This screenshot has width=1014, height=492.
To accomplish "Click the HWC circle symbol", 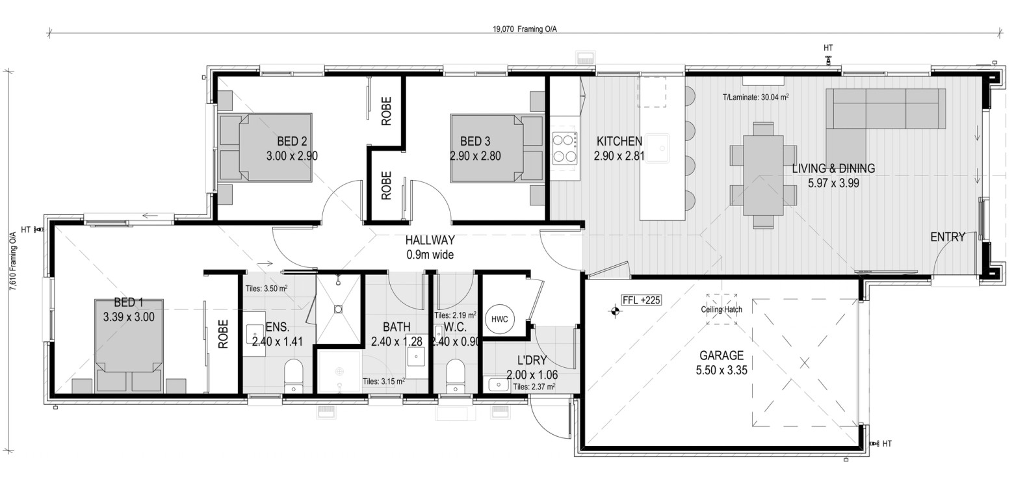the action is point(499,319).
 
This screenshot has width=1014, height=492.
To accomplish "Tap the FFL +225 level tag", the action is point(642,300).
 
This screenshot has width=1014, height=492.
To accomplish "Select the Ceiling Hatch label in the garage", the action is point(721,309).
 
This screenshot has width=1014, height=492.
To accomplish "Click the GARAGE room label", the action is point(721,356).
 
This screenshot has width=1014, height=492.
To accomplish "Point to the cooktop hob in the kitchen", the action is point(564,148).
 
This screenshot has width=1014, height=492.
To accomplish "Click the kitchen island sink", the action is point(658,148).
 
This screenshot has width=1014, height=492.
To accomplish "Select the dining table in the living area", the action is point(763,175).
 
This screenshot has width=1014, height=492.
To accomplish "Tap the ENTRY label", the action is point(948,237).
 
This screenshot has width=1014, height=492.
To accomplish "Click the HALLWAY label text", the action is point(430,240).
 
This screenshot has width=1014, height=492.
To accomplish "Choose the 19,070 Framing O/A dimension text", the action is point(525,29).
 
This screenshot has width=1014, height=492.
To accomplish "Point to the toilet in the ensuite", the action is point(293,376).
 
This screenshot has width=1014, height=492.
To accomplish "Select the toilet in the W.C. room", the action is point(455,376).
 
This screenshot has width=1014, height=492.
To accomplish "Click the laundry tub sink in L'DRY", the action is point(498,385).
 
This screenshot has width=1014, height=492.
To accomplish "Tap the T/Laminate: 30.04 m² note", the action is point(755,97).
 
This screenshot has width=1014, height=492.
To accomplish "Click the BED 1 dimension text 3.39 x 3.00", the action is point(129,317).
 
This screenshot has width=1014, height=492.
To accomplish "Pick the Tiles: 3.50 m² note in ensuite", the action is point(266,289).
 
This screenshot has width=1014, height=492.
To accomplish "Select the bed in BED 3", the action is point(497,148).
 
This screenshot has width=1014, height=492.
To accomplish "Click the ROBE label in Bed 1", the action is point(223,334).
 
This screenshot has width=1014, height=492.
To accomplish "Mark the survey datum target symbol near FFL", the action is point(614,311).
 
